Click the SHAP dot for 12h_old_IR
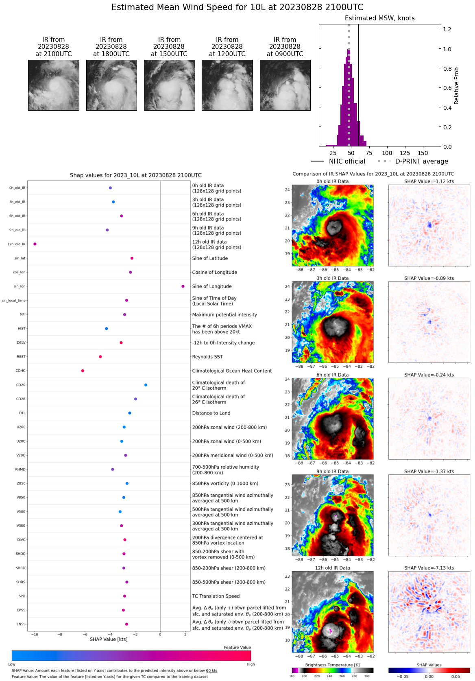pyautogui.click(x=35, y=244)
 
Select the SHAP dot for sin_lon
pyautogui.click(x=183, y=286)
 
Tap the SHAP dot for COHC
pyautogui.click(x=83, y=371)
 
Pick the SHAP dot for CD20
pyautogui.click(x=146, y=385)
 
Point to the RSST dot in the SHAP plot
pyautogui.click(x=100, y=357)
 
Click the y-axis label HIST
pyautogui.click(x=22, y=329)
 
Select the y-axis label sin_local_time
pyautogui.click(x=13, y=301)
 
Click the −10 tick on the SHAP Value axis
pyautogui.click(x=35, y=634)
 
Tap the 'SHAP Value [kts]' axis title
pyautogui.click(x=109, y=639)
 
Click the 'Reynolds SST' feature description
pyautogui.click(x=207, y=357)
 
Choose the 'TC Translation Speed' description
pyautogui.click(x=216, y=596)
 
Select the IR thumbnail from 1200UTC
pyautogui.click(x=227, y=85)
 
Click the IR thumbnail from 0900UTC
pyautogui.click(x=285, y=85)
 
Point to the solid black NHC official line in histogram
pyautogui.click(x=358, y=81)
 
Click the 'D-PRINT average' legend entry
pyautogui.click(x=421, y=162)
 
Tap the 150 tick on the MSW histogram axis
pyautogui.click(x=423, y=153)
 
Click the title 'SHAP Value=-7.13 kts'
pyautogui.click(x=429, y=568)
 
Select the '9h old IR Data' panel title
pyautogui.click(x=332, y=471)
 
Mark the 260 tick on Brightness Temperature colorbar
pyautogui.click(x=342, y=676)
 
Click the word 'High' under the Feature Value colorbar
pyautogui.click(x=251, y=664)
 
